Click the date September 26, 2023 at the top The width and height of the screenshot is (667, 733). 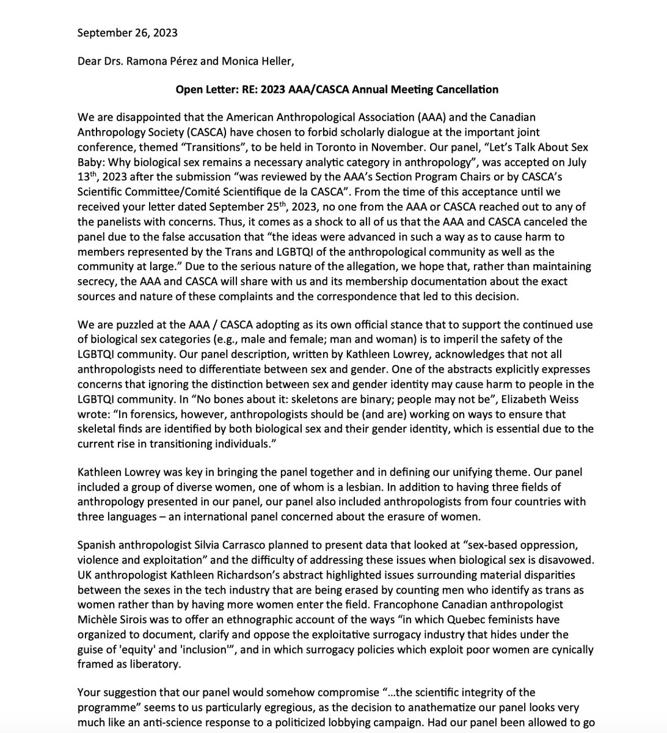(x=127, y=32)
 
